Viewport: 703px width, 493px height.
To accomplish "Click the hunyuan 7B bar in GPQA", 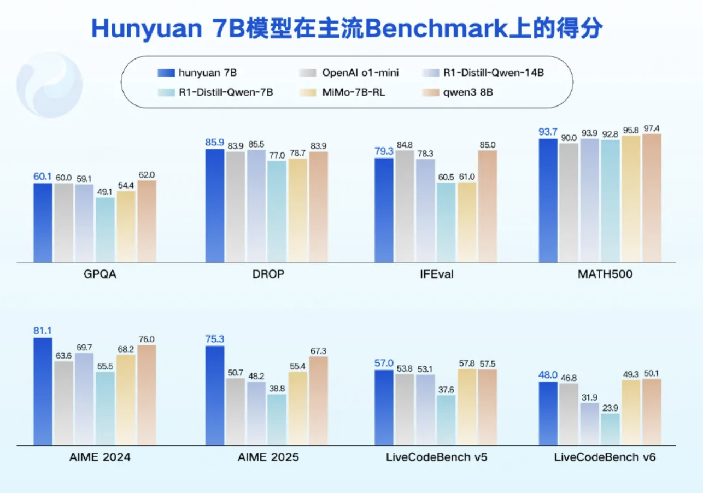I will tap(43, 223).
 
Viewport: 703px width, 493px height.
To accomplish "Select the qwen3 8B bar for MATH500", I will tap(652, 198).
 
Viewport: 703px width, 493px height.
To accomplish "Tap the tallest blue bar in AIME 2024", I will tap(43, 391).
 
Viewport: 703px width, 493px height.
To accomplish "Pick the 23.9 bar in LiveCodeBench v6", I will tap(610, 429).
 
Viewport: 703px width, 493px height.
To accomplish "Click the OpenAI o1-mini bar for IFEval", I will tap(405, 207).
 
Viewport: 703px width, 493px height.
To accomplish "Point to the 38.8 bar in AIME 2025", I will tap(277, 420).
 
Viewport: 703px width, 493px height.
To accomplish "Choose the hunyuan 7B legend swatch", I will tap(166, 72).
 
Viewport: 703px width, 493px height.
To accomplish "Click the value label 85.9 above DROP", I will tap(215, 141).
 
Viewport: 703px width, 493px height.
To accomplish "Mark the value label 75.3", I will tap(215, 339).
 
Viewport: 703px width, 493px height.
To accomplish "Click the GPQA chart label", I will tap(97, 274).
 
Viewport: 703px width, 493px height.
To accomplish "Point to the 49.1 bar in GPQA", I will tap(105, 230).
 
